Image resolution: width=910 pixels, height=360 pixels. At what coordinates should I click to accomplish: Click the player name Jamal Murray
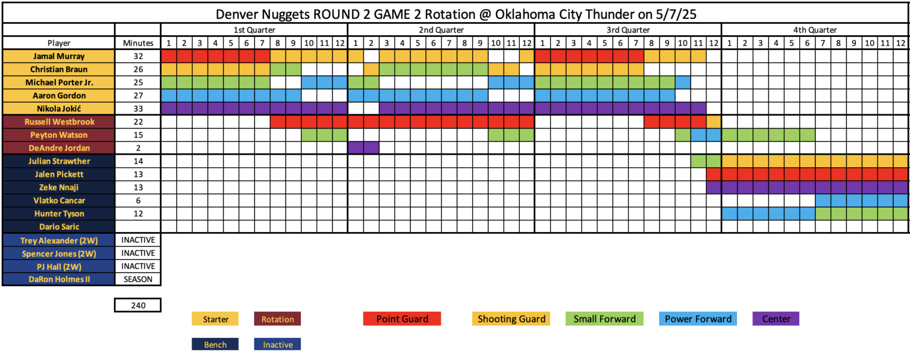click(x=59, y=56)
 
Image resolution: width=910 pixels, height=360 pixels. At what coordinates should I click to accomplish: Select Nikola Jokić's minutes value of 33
click(x=138, y=109)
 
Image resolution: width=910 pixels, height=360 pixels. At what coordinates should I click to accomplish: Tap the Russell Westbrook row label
click(x=59, y=122)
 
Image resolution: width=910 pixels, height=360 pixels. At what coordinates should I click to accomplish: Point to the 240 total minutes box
click(x=138, y=305)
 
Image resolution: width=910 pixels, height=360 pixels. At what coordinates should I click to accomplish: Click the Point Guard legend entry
click(x=402, y=319)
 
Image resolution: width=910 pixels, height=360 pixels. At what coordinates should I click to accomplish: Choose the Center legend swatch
click(x=776, y=319)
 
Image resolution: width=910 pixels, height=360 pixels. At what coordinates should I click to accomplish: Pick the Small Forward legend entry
click(x=605, y=319)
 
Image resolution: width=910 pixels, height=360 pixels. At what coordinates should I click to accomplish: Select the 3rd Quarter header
click(x=628, y=30)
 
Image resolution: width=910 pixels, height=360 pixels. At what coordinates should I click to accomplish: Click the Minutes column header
click(x=138, y=43)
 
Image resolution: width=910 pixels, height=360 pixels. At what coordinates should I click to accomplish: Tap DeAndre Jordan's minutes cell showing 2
click(x=138, y=148)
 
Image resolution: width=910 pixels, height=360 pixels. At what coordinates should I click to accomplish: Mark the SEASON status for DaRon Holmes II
click(x=138, y=279)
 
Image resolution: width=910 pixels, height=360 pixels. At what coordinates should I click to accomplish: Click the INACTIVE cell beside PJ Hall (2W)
click(x=138, y=266)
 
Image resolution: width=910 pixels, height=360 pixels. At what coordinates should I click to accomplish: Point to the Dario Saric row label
click(x=59, y=227)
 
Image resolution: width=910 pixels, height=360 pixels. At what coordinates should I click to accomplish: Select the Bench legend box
click(x=216, y=345)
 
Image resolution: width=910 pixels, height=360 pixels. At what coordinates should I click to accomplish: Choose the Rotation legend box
click(x=278, y=319)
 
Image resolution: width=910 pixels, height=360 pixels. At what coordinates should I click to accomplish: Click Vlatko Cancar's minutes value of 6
click(x=138, y=200)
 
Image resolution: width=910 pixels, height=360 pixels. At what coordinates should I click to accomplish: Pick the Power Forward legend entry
click(x=698, y=319)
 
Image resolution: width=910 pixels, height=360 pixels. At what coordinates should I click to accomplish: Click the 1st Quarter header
click(x=254, y=30)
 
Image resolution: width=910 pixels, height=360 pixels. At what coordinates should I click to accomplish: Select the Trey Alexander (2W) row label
click(x=59, y=241)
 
